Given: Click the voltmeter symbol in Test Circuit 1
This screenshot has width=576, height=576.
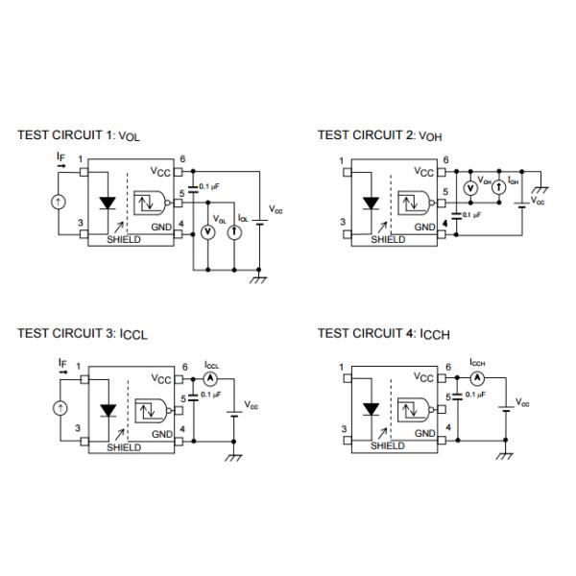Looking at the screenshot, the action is (208, 232).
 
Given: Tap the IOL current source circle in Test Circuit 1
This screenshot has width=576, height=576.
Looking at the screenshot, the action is (234, 232).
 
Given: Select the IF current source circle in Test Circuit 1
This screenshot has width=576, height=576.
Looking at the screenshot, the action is (58, 202).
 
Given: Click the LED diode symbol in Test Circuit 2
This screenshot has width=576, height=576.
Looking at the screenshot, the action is (371, 204).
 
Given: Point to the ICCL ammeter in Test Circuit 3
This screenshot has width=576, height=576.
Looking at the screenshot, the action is (210, 379).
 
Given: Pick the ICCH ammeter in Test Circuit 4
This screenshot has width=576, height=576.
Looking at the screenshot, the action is (477, 377).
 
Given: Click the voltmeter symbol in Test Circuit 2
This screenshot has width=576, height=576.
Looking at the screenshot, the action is (470, 188).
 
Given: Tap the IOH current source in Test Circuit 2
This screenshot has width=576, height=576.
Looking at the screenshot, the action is (499, 188).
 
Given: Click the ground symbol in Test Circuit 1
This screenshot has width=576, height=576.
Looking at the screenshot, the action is (258, 279).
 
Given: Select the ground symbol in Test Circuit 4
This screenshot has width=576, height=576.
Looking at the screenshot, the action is (505, 456).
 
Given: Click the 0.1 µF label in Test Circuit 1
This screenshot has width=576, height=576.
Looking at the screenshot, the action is (209, 186).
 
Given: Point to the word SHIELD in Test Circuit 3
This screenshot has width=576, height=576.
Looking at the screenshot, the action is (124, 447).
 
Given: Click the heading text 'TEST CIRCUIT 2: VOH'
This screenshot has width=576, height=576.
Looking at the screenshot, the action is (379, 135).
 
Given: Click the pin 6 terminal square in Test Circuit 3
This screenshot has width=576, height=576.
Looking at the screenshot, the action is (179, 379).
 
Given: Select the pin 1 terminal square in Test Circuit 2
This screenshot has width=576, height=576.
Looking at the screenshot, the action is (348, 172).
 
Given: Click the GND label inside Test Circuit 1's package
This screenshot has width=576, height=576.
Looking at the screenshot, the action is (161, 227).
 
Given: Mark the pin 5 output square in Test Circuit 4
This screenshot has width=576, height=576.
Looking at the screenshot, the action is (442, 409).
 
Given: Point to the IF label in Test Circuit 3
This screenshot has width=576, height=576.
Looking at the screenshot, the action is (62, 363).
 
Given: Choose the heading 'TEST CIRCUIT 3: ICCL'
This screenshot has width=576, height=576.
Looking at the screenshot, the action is (83, 334).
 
